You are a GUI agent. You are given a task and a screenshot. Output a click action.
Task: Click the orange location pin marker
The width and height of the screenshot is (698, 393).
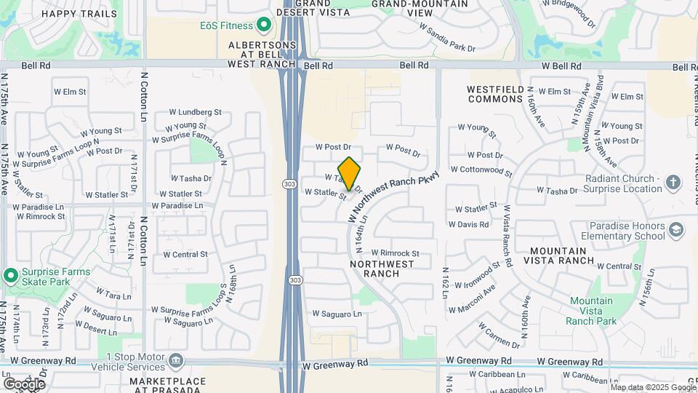pos(349,174)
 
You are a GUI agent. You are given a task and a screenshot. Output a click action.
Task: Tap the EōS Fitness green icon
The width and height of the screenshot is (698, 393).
pos(265,25)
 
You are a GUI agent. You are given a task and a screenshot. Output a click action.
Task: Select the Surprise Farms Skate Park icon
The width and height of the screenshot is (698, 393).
pos(10,276)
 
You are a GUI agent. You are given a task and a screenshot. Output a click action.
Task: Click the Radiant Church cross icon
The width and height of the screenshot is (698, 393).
pos(673,181)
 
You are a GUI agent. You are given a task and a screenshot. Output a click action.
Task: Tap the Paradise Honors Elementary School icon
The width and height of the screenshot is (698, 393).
pos(677,231)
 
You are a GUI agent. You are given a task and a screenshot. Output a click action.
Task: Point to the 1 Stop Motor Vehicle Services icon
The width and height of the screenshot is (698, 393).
pos(176,360)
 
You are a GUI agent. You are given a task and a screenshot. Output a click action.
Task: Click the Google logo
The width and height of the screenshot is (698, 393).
pos(23,384)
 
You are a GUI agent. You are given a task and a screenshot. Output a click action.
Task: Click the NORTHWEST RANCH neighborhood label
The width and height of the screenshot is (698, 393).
pos(382,269)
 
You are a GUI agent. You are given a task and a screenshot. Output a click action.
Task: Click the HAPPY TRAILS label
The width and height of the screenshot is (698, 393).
pos(79,13)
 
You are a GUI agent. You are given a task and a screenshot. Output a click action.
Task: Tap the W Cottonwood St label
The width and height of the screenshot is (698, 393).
pos(481,170)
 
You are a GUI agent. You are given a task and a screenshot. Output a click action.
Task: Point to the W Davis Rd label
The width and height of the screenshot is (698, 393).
pos(469,225)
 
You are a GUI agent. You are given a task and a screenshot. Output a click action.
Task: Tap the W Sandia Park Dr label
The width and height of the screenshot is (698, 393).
pos(447,38)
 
